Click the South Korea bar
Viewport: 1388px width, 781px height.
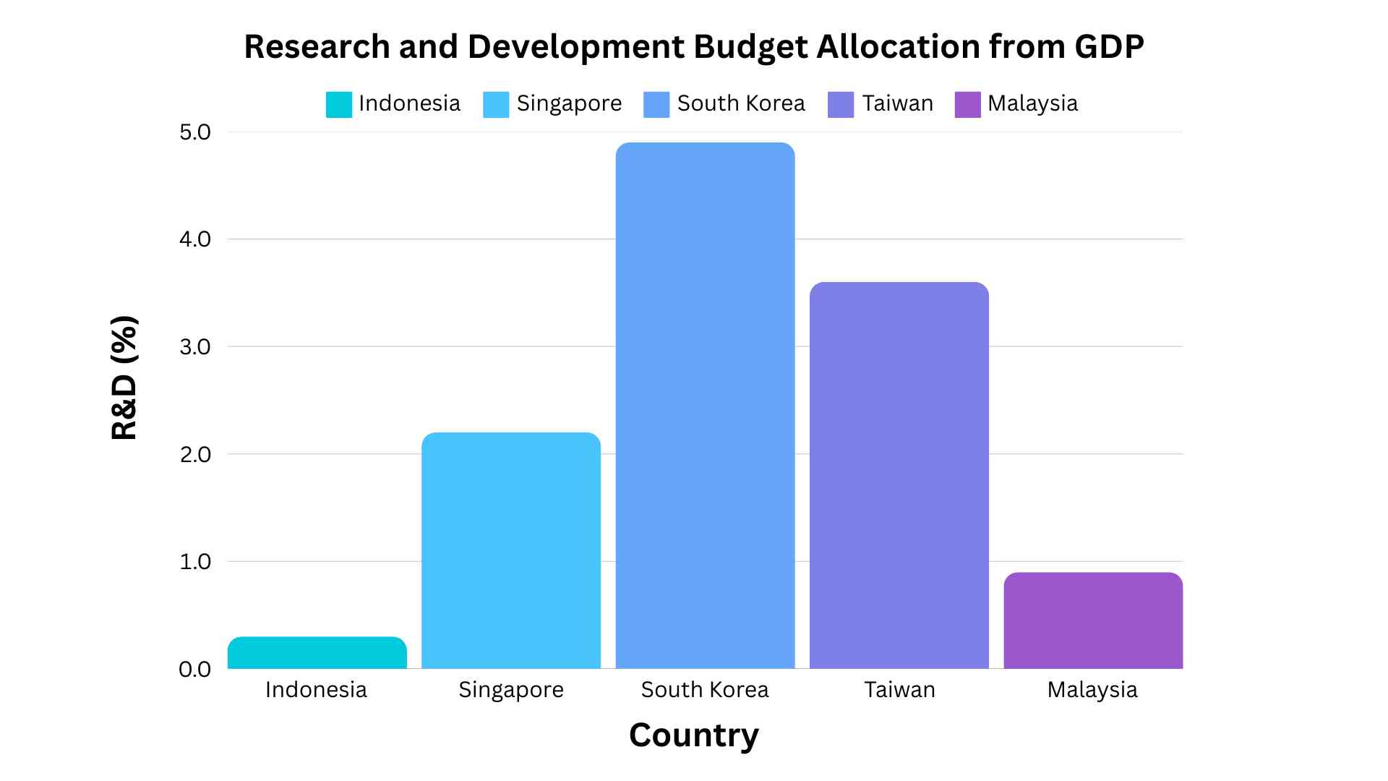coord(705,405)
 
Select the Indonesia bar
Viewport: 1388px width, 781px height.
coord(317,652)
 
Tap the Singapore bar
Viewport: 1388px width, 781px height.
coord(510,550)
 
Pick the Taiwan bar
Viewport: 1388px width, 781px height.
coord(899,475)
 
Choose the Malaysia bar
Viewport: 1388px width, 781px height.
coord(1092,620)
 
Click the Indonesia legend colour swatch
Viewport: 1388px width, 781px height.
coord(338,104)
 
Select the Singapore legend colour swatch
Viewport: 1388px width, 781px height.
coord(496,104)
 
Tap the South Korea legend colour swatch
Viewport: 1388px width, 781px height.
coord(656,104)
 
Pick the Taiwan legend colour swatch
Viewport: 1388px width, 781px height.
coord(841,104)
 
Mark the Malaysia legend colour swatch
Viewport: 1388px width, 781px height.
coord(967,104)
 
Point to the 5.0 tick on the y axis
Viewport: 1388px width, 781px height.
coord(194,132)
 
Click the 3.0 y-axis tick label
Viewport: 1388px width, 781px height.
coord(194,347)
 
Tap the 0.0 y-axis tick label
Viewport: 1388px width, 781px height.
coord(194,670)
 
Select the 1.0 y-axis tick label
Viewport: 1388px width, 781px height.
coord(194,562)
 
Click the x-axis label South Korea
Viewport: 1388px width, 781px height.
coord(705,690)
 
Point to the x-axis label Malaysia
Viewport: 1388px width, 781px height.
coord(1092,690)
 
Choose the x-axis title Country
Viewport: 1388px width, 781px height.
coord(694,735)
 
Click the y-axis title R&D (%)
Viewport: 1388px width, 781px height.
coord(124,377)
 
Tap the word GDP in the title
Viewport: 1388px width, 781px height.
coord(1109,46)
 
